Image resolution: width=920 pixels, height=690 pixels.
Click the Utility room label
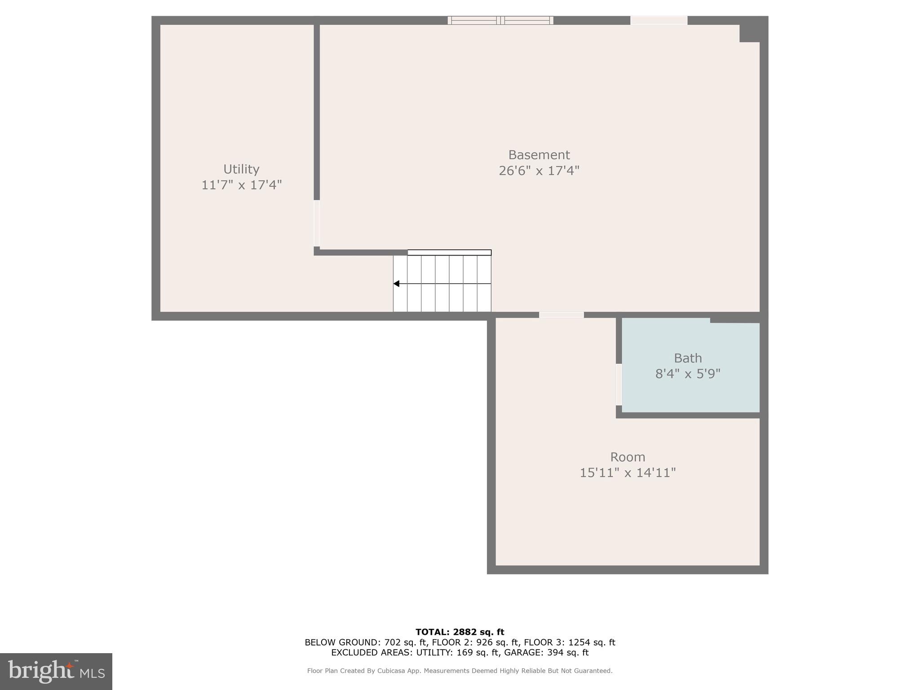point(241,169)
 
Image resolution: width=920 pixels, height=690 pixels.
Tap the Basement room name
point(539,155)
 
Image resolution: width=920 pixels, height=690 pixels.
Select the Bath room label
point(687,358)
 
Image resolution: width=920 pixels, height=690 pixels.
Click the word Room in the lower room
point(627,457)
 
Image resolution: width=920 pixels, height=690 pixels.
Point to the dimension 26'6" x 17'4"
point(539,171)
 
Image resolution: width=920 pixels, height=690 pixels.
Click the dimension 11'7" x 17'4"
point(241,185)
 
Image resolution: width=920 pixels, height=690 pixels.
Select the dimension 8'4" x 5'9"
point(687,374)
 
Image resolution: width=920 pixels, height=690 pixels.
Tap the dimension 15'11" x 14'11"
point(627,473)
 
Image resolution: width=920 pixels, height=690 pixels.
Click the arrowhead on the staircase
point(396,283)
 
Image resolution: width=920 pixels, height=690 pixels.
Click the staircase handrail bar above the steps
point(449,252)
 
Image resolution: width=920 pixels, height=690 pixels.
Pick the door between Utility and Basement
point(317,223)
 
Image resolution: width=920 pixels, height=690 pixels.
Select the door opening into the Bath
point(619,385)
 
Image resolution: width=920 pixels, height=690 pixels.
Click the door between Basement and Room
point(561,315)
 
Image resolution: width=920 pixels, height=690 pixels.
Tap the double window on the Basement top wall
point(500,20)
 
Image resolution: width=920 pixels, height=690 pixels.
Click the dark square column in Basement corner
point(749,33)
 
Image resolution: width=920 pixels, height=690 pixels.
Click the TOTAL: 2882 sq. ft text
point(460,632)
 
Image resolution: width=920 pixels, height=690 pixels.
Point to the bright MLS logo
point(56,671)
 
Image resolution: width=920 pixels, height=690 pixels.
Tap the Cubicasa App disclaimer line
point(460,671)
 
